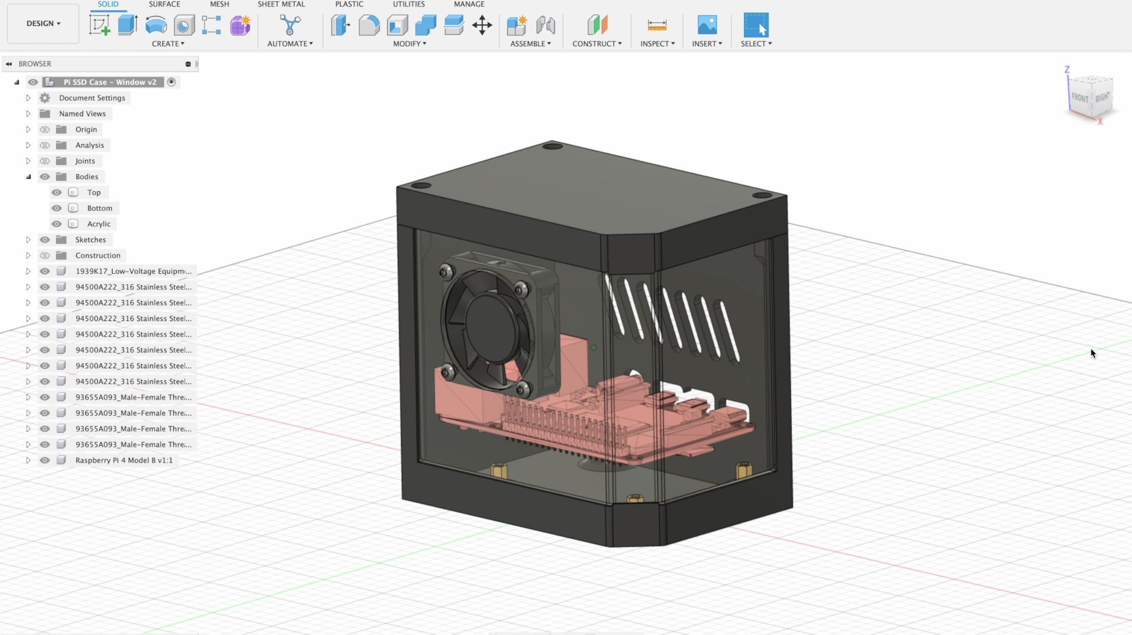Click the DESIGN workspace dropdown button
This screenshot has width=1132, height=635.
(x=43, y=24)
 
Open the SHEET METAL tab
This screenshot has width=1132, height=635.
(x=281, y=4)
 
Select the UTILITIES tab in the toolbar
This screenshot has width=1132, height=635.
(x=409, y=4)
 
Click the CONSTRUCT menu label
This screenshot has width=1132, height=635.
(x=596, y=44)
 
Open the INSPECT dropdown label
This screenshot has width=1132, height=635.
(x=657, y=44)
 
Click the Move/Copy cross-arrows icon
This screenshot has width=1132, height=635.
(x=482, y=25)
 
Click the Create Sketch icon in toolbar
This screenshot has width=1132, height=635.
(x=100, y=25)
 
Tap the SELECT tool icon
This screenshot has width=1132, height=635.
(x=755, y=25)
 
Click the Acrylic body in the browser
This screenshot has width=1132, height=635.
(x=98, y=224)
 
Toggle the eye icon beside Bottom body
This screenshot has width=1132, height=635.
(x=57, y=208)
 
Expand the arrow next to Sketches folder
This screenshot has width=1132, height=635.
(x=28, y=240)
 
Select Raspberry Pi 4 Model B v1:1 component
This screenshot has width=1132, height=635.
(x=124, y=460)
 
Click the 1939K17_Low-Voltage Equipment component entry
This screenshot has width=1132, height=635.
(x=133, y=271)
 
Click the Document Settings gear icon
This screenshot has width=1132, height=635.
(x=45, y=98)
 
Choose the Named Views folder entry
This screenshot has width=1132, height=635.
(x=82, y=114)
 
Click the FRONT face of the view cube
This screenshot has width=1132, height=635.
(x=1080, y=98)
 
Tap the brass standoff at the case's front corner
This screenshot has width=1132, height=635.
(x=635, y=499)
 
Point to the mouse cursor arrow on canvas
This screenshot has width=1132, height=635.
(x=1092, y=353)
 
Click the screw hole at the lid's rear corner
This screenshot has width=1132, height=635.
(x=552, y=146)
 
